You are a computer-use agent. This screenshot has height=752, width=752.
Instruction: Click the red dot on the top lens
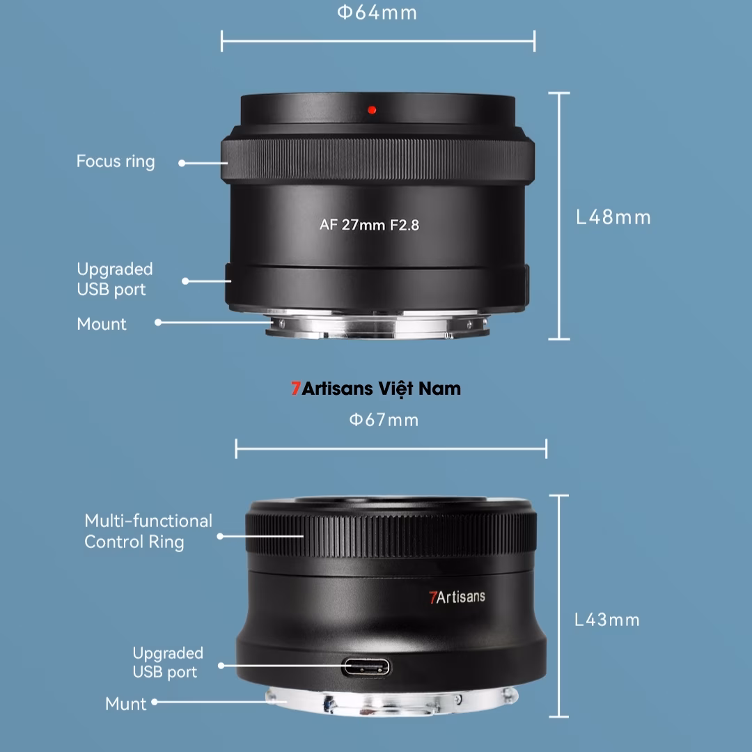coord(372,109)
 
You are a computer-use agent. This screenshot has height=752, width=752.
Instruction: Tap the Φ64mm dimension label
coord(377,13)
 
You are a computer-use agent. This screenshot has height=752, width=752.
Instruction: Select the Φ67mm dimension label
coord(384,420)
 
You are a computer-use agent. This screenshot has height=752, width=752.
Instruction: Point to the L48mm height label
coord(613,217)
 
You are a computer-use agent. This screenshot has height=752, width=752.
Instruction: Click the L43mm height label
coord(606,620)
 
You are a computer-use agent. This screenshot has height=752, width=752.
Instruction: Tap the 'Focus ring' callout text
coord(116,162)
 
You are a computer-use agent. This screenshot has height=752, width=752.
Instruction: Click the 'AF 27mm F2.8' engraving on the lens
coord(369,225)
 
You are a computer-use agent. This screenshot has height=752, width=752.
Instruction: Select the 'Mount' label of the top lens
coord(102,324)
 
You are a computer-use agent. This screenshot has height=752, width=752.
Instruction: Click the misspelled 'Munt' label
coord(126,703)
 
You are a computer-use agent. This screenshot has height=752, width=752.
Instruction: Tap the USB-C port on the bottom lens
coord(366,668)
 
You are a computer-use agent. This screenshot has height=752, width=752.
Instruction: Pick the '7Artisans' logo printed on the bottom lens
coord(457,597)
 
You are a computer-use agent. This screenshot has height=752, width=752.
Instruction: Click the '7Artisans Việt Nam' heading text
coord(376,389)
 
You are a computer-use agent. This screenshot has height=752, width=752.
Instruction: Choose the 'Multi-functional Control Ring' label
coord(148,531)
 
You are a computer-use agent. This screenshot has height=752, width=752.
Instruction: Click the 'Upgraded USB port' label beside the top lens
coord(114,279)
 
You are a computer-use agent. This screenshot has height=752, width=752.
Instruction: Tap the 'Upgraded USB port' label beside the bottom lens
coord(168,662)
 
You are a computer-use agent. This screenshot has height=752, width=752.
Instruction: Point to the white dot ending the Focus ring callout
coord(182,163)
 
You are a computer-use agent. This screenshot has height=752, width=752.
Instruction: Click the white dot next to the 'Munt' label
coord(155,702)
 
